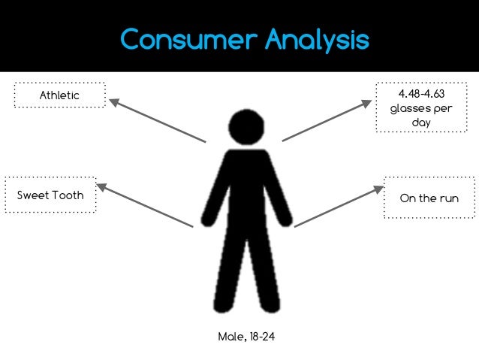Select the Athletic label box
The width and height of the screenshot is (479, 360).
[59, 95]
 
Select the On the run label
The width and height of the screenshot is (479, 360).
[429, 198]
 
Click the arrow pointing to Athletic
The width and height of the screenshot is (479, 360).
[157, 119]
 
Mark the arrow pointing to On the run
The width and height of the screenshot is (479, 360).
[339, 207]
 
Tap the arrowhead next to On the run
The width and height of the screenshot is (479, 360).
[378, 190]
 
